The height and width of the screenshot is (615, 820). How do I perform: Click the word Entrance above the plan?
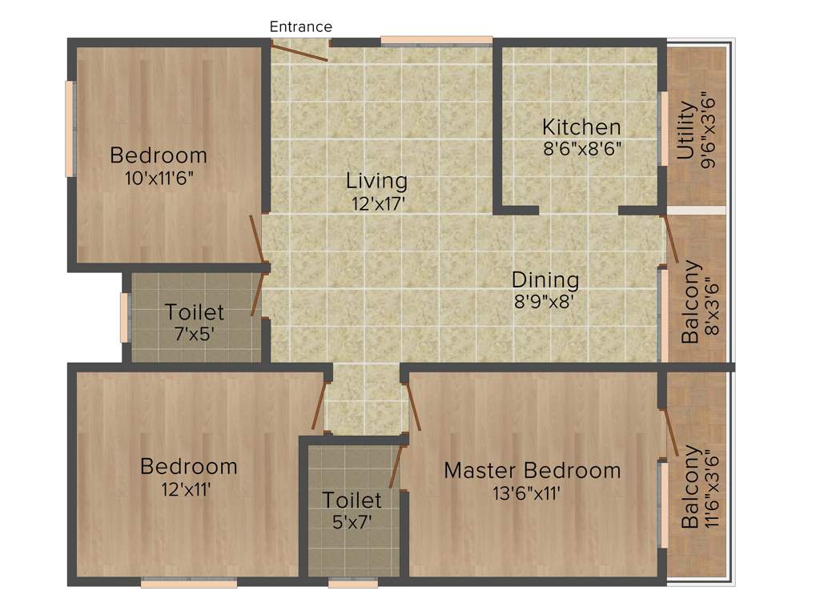pos(300,27)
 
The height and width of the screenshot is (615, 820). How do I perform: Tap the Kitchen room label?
pos(581,127)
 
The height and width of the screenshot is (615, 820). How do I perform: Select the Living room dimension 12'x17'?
pos(376,203)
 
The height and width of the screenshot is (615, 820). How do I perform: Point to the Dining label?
pos(545,280)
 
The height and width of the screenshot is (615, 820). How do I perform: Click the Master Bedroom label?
pos(533,470)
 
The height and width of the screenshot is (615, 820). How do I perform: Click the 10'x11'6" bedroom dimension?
pos(159,178)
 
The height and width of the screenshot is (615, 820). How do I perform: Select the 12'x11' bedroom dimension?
pos(187,488)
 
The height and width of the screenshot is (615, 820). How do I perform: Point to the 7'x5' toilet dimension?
pos(195,333)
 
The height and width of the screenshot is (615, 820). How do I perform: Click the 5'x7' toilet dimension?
pos(352,522)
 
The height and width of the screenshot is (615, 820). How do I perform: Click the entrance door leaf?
pos(299,50)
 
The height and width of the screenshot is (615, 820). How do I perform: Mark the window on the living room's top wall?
pos(436,41)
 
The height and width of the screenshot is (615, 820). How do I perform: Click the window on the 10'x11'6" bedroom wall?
pos(70,129)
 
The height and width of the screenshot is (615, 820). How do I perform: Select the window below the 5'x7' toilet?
pos(352,583)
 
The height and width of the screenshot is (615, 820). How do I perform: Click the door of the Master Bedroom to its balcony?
pos(669,431)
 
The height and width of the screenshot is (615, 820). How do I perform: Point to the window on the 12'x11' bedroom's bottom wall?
pos(189,583)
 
